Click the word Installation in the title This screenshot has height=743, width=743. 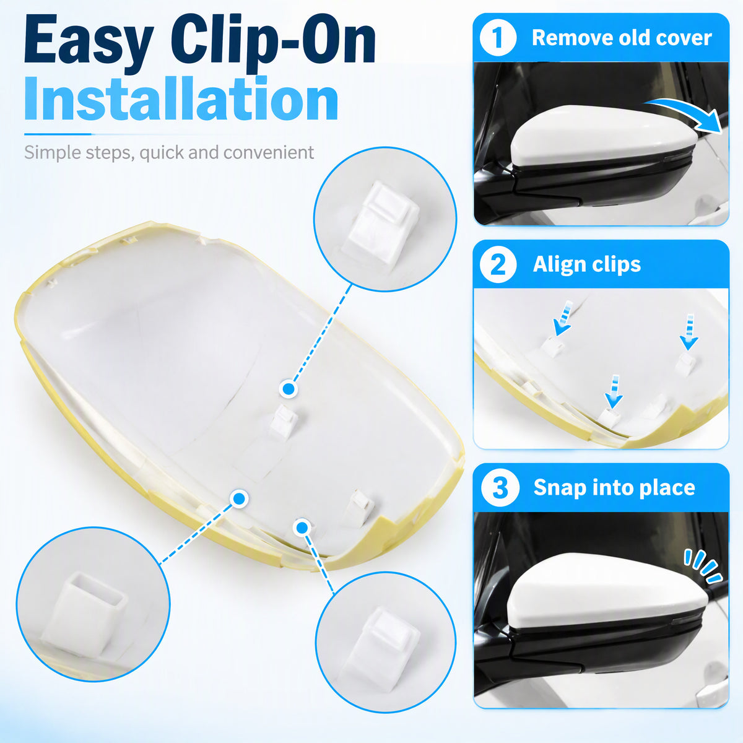(181, 98)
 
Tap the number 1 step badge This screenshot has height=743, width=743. (498, 38)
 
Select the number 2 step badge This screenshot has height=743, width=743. (498, 264)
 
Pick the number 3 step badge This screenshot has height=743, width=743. (500, 488)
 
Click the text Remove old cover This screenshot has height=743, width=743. (622, 38)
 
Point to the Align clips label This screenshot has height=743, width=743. (586, 265)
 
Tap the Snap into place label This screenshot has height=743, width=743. (614, 487)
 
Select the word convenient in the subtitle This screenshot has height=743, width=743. (269, 153)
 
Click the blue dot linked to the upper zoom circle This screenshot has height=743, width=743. (289, 389)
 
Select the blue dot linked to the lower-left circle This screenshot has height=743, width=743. (239, 499)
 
